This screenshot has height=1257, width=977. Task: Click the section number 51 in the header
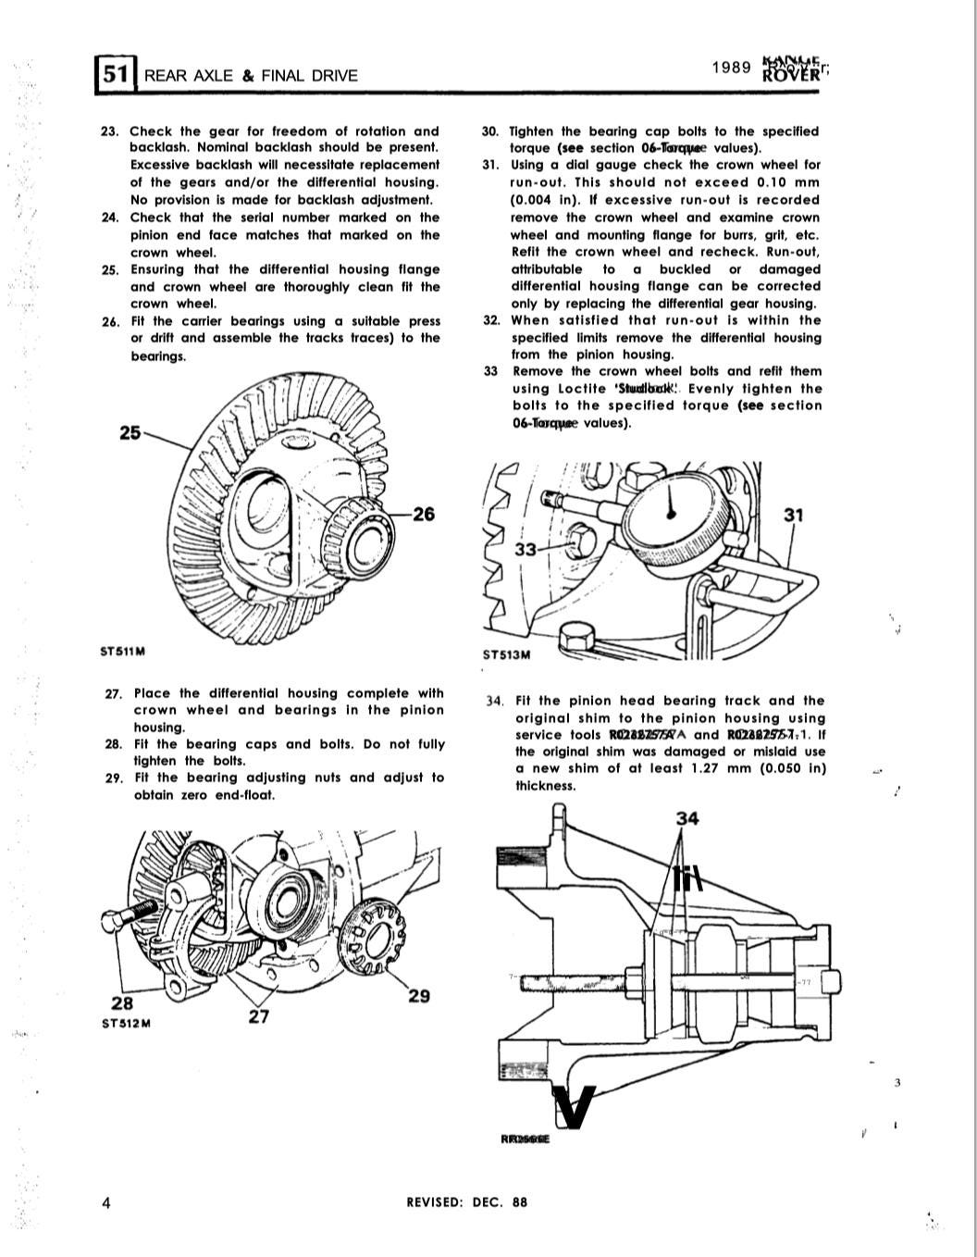point(115,74)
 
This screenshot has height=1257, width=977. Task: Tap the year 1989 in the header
point(730,68)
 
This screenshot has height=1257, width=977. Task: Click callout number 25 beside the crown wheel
point(131,431)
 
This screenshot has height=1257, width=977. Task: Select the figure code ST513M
point(507,655)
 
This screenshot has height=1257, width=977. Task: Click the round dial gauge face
point(673,516)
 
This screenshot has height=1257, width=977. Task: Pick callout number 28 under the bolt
point(121,1003)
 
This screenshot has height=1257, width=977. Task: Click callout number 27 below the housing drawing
point(258,1016)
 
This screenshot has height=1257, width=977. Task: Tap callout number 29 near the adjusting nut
point(418,996)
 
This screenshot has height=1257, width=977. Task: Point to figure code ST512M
point(126,1024)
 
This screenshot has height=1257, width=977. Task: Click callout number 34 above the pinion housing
point(687,817)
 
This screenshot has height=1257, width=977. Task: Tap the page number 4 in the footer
point(107,1202)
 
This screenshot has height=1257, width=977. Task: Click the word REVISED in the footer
point(434,1202)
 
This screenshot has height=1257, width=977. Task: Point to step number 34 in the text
point(495,702)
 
